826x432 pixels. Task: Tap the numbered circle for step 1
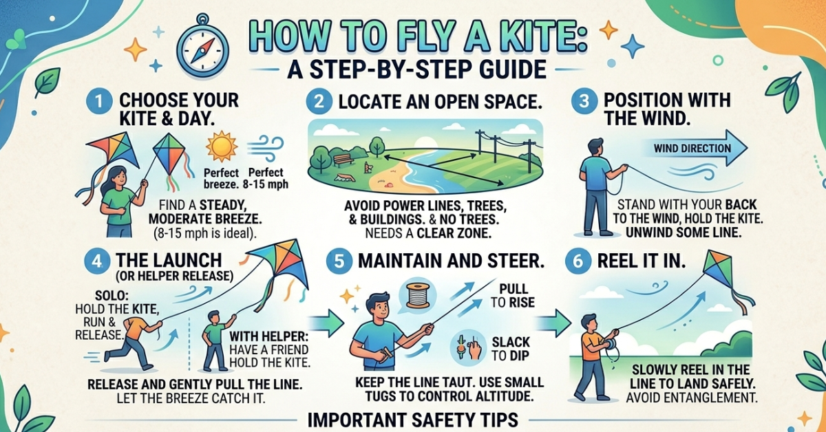click(x=97, y=101)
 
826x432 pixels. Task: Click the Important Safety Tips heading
click(x=412, y=418)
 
